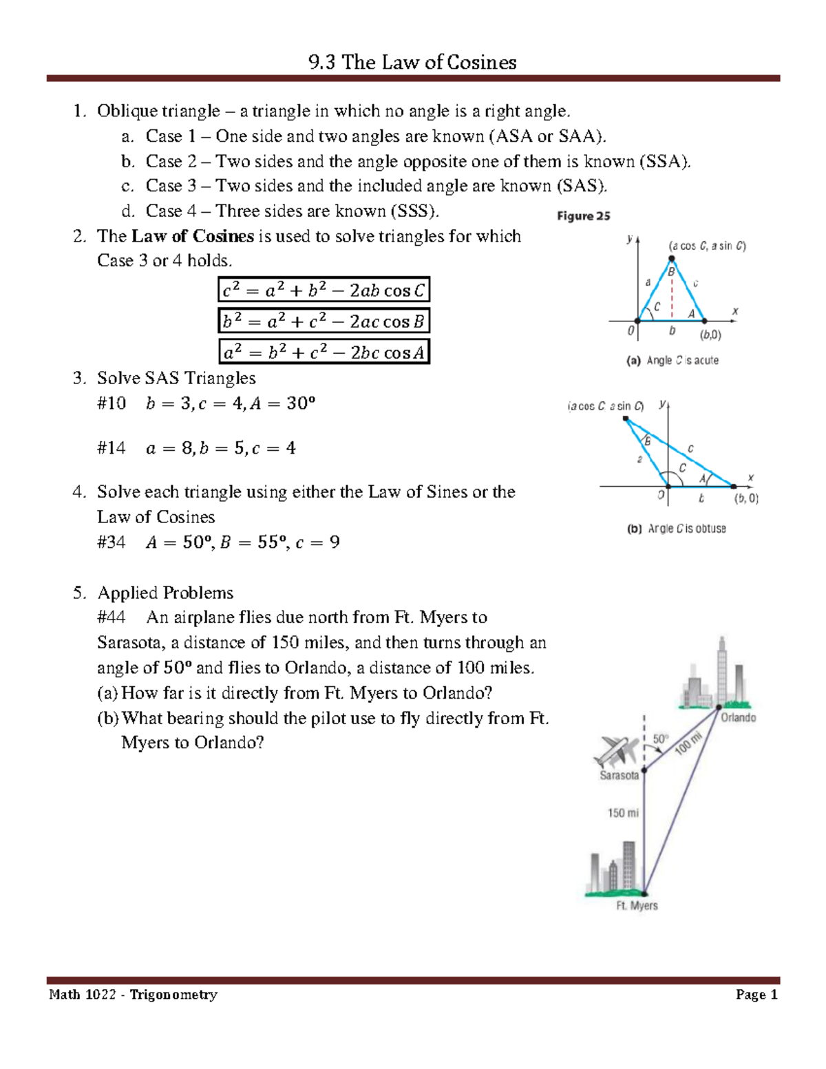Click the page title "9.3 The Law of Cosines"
(412, 63)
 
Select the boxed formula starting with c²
(324, 290)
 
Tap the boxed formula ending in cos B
(324, 321)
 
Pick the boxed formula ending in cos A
(324, 352)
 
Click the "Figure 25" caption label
(584, 216)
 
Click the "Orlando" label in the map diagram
(738, 717)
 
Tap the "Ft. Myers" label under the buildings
(637, 905)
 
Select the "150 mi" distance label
(623, 813)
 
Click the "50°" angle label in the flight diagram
(660, 739)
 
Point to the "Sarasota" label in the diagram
(619, 776)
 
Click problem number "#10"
(112, 403)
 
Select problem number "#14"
(112, 449)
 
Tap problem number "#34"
(112, 542)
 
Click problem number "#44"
(112, 617)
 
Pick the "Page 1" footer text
(756, 995)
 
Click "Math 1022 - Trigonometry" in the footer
(133, 995)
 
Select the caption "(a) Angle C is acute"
(672, 360)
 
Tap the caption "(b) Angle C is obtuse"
(676, 529)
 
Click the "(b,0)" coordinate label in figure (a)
(710, 335)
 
